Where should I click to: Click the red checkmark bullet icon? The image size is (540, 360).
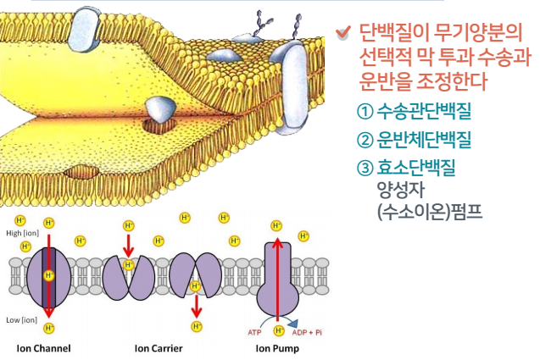[342, 34]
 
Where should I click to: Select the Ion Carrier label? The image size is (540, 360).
[159, 348]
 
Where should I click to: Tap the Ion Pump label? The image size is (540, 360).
[277, 348]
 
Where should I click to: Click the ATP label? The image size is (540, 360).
[254, 332]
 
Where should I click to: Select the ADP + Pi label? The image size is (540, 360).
[307, 332]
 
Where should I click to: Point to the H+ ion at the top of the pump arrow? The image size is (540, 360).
[276, 225]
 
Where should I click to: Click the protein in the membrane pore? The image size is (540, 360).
[159, 109]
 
